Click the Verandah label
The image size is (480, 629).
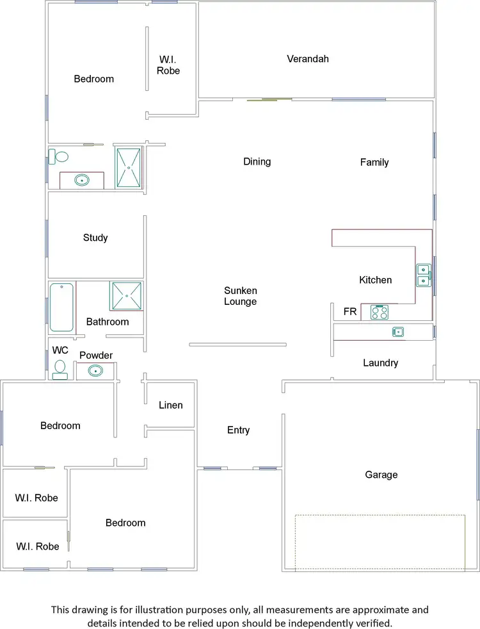tap(308, 59)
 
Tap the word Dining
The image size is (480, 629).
tap(257, 161)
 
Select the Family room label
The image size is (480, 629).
tap(374, 162)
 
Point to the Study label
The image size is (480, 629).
tap(95, 238)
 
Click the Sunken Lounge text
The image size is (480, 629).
tap(241, 296)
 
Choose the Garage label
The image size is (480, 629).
tap(381, 475)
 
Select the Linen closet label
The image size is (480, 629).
tap(171, 405)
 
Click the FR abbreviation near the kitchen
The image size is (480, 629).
tap(350, 312)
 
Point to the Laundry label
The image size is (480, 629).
tap(381, 363)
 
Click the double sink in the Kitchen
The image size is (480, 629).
tap(423, 275)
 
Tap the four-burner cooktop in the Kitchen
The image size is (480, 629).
tap(380, 312)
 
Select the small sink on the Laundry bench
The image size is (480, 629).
tap(398, 331)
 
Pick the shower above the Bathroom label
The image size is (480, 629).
tap(127, 296)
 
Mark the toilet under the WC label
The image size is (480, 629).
tap(60, 370)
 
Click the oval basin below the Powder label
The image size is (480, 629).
tap(95, 370)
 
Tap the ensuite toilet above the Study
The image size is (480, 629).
tap(61, 156)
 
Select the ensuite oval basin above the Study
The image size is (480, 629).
tap(82, 181)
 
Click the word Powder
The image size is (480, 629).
tap(96, 355)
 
